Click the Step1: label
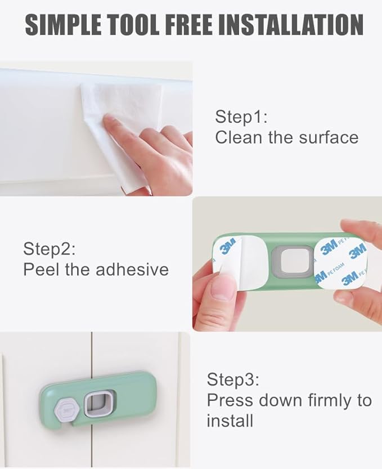tap(241, 117)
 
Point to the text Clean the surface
tap(286, 137)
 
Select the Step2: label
tap(49, 248)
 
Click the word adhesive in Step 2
tap(132, 269)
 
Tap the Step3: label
tap(233, 379)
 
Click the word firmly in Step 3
tap(335, 400)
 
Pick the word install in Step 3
tap(230, 421)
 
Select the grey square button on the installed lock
tap(96, 404)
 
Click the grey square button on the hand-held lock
tap(290, 263)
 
